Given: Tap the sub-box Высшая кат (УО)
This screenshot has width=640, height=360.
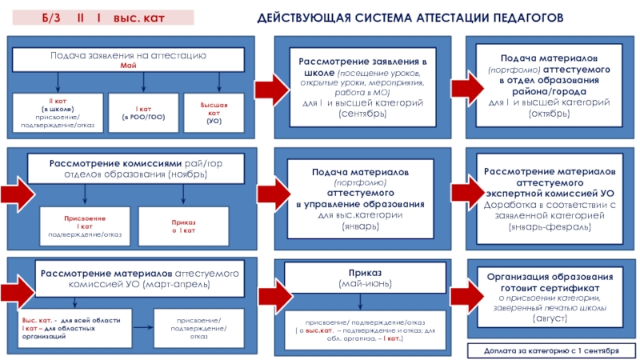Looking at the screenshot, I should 214,113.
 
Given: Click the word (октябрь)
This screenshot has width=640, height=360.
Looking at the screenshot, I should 549,114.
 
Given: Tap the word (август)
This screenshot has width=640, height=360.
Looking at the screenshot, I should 549,318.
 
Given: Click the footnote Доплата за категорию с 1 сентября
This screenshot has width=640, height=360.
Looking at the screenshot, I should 548,350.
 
